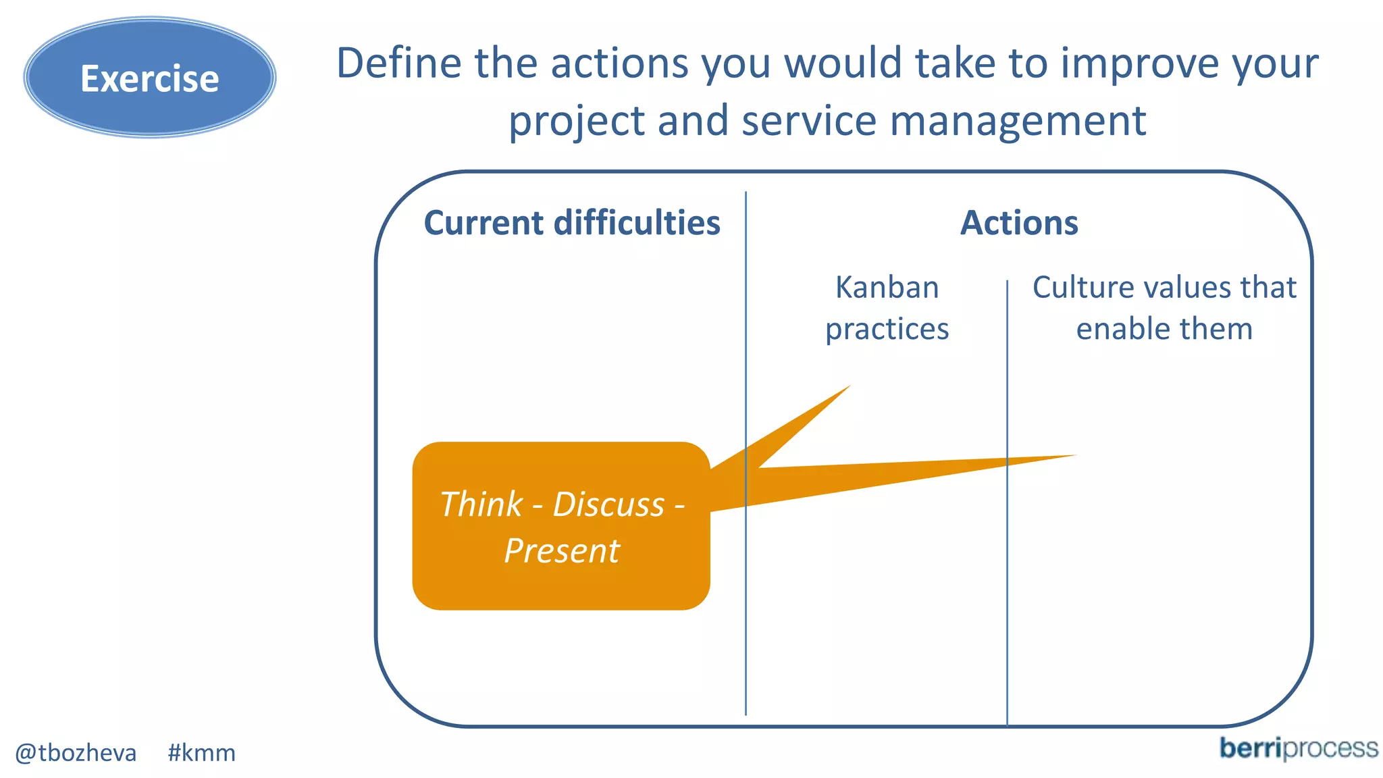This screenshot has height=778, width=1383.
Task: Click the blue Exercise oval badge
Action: [x=149, y=78]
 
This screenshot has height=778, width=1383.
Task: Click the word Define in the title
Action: [x=398, y=63]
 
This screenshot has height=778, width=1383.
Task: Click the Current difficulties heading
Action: [x=572, y=223]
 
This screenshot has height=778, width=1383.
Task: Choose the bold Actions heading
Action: [x=1019, y=223]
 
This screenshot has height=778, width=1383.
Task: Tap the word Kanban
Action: [x=887, y=288]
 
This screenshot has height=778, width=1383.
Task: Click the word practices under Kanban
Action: [x=887, y=330]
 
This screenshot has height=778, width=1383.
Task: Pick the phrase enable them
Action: [x=1164, y=330]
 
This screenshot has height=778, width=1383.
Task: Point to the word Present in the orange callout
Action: [x=562, y=550]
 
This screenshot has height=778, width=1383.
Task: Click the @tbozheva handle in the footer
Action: [x=76, y=752]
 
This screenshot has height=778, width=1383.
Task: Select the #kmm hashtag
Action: [x=201, y=752]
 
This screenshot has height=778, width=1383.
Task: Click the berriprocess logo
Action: [x=1298, y=748]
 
